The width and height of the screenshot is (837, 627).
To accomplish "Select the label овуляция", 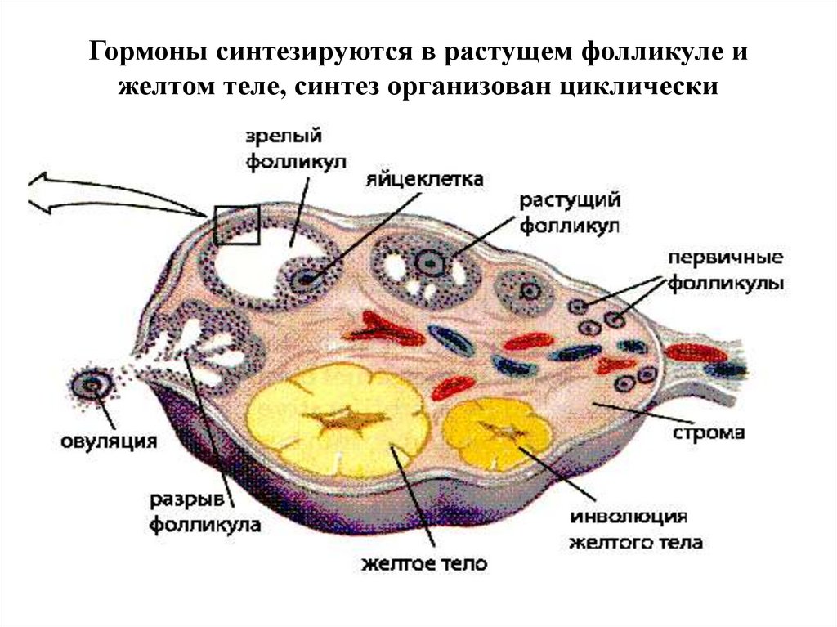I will click(109, 441).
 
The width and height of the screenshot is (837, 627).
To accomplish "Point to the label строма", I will click(710, 432).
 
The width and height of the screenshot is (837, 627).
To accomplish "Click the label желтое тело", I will click(423, 564).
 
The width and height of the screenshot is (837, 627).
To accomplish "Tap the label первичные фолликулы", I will click(726, 271).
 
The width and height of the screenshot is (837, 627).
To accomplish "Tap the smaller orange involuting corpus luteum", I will click(499, 432).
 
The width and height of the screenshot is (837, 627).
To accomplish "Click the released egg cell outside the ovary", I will click(88, 384).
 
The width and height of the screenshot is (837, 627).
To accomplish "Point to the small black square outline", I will click(236, 225).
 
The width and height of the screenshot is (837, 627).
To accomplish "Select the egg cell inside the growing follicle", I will click(427, 262).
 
